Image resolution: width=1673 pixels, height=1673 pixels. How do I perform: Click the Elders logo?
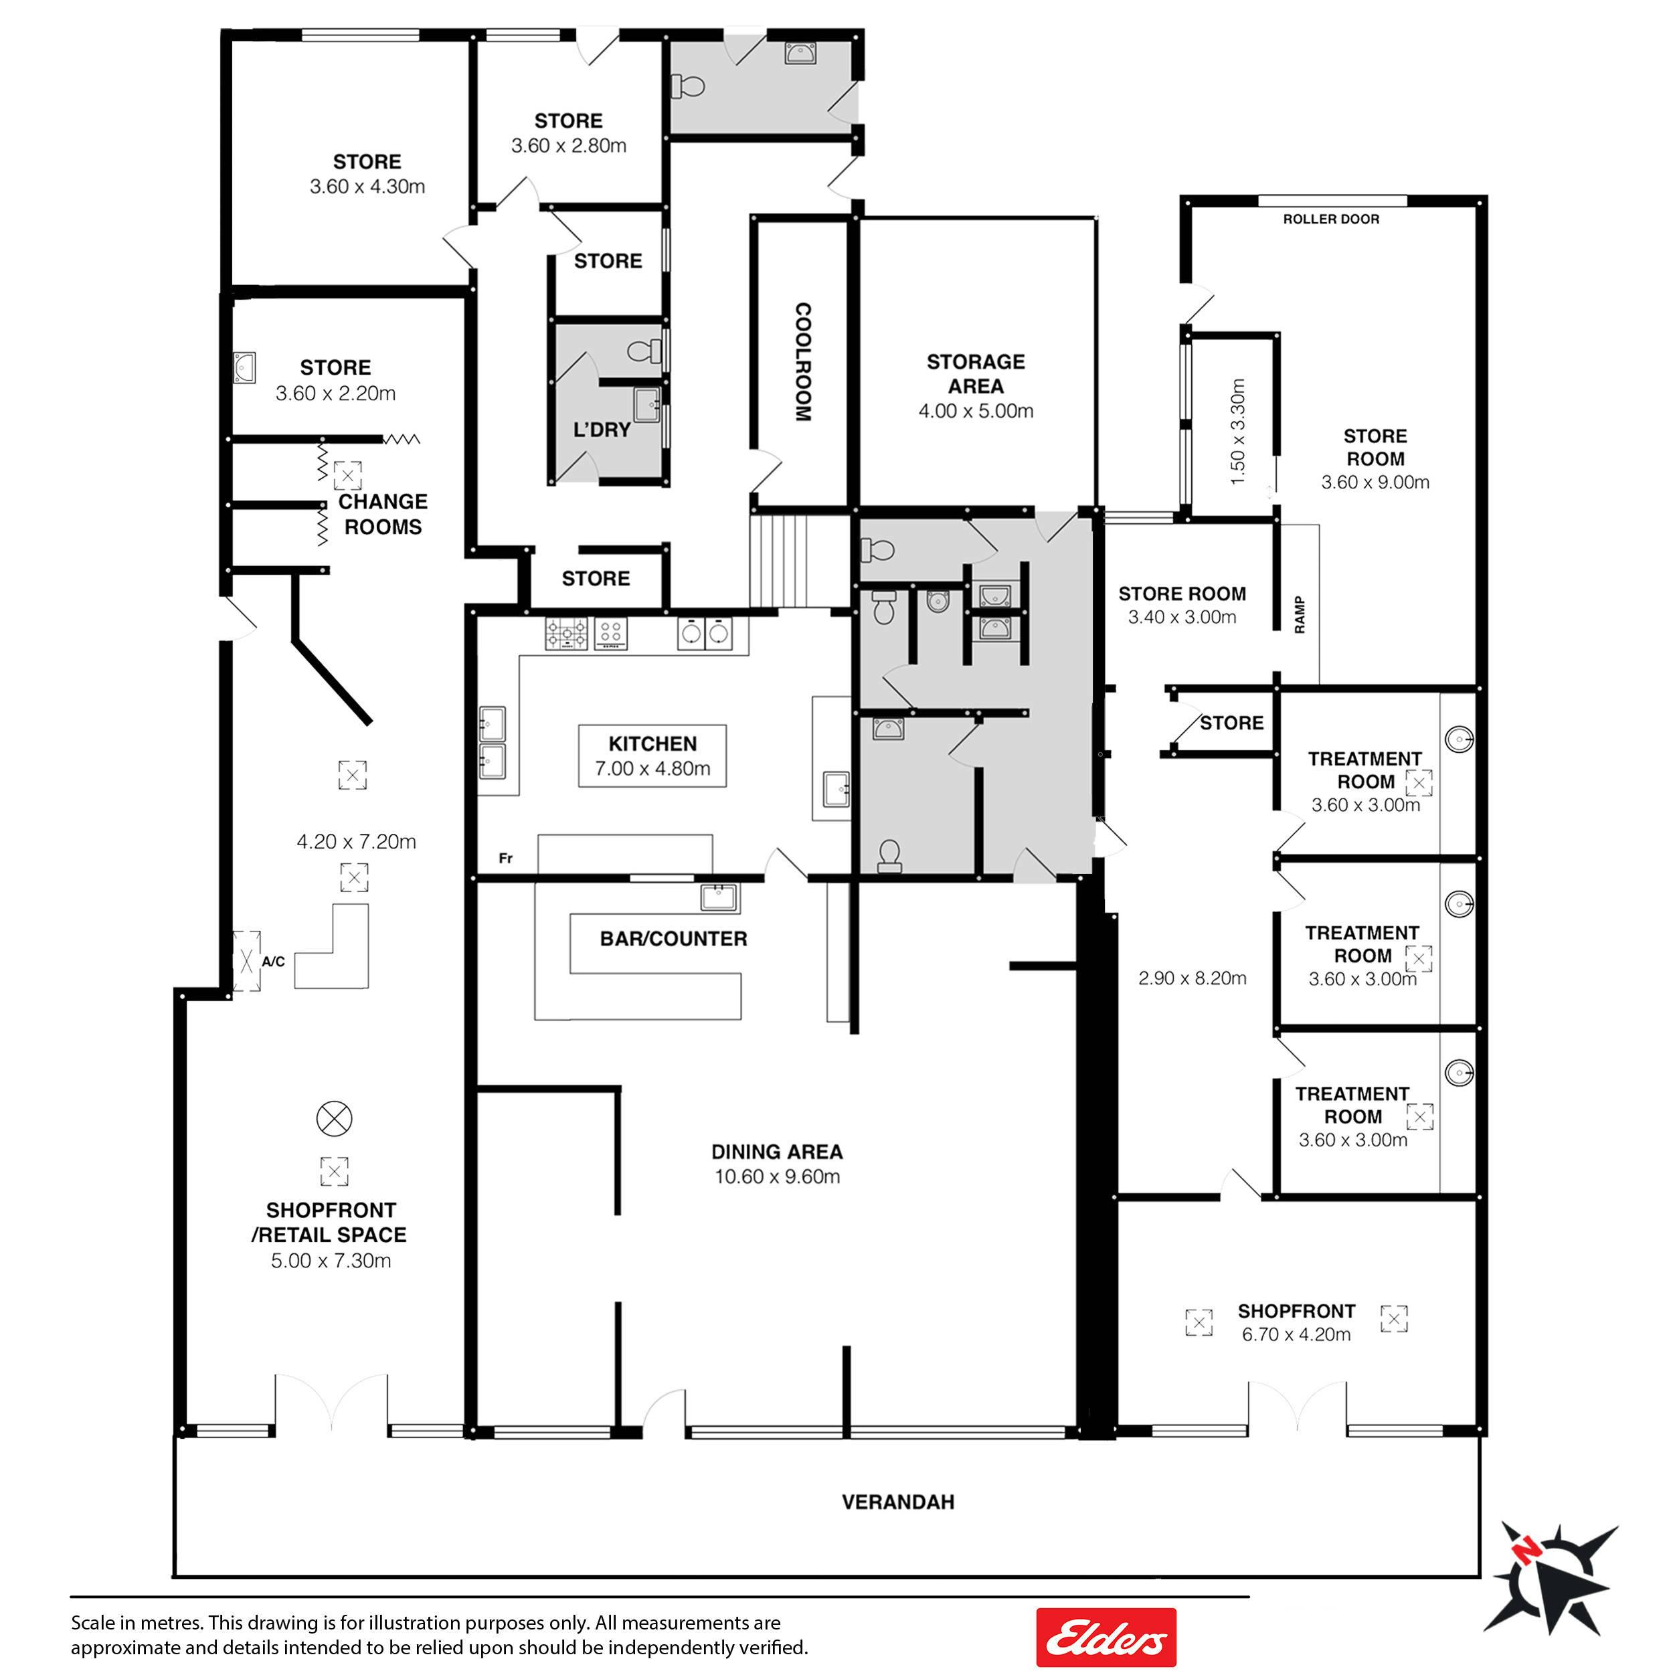coord(1106,1638)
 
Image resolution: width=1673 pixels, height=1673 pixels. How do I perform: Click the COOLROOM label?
coord(803,362)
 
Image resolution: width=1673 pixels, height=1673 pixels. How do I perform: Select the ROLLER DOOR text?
coord(1331,219)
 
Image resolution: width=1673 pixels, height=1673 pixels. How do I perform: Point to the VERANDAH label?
coord(898,1502)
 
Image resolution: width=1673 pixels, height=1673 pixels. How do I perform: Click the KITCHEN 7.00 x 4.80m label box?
coord(652,756)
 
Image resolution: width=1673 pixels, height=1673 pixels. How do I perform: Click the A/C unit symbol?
coord(247,961)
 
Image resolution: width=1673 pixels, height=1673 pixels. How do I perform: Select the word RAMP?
coord(1299,615)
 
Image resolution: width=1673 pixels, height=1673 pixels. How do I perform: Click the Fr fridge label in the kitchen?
coord(506,858)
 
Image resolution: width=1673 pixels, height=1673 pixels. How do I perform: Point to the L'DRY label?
coord(602,430)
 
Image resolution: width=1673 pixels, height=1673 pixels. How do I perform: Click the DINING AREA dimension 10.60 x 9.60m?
coord(777,1176)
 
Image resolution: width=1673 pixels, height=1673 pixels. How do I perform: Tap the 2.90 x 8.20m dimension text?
coord(1193,978)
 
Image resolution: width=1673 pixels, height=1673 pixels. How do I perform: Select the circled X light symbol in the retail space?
coord(334,1119)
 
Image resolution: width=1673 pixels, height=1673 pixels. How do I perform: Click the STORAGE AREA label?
coord(976,374)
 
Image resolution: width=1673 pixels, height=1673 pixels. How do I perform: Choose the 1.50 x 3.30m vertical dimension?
coord(1237,431)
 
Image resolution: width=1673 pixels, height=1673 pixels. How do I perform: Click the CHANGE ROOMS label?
coord(383,515)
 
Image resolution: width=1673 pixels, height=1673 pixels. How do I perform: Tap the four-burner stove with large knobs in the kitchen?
coord(566,633)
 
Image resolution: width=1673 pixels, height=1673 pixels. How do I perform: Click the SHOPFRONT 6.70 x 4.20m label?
coord(1296,1322)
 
